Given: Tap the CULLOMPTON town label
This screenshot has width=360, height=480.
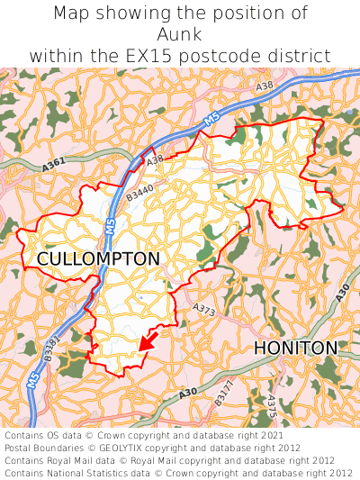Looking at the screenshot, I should tap(98, 259).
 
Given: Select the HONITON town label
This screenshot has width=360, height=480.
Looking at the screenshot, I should tap(295, 348).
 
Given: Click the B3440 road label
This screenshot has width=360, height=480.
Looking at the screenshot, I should tap(140, 192).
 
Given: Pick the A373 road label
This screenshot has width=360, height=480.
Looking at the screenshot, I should tap(205, 309).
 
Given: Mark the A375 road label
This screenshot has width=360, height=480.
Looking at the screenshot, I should tap(270, 408).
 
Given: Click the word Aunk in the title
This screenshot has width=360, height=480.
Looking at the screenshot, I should tap(180, 34).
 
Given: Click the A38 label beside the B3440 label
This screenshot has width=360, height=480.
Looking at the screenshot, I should tap(156, 160).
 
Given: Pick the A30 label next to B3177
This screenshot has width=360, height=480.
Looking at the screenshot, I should tap(187, 392).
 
